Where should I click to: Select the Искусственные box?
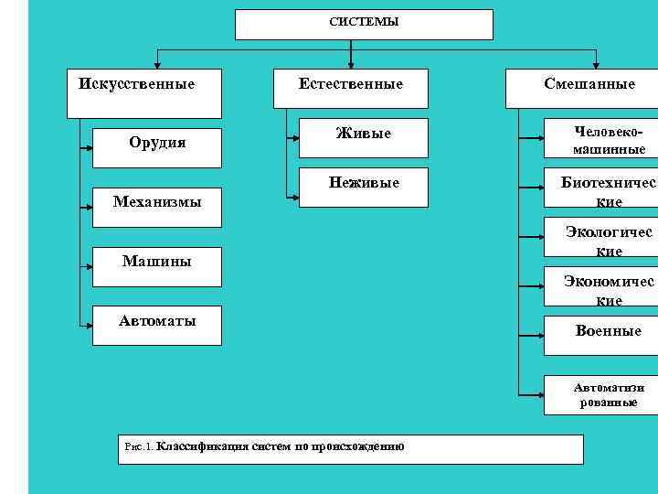point(143,93)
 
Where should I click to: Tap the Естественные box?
point(351,93)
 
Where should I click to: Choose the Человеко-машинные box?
point(600,139)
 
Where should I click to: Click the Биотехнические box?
point(600,191)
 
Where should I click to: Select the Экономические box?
point(600,289)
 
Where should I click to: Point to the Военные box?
point(600,335)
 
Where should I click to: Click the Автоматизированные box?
point(600,394)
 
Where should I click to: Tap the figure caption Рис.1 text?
point(265,447)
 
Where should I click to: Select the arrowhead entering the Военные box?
point(539,336)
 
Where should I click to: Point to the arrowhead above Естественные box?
point(364,64)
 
